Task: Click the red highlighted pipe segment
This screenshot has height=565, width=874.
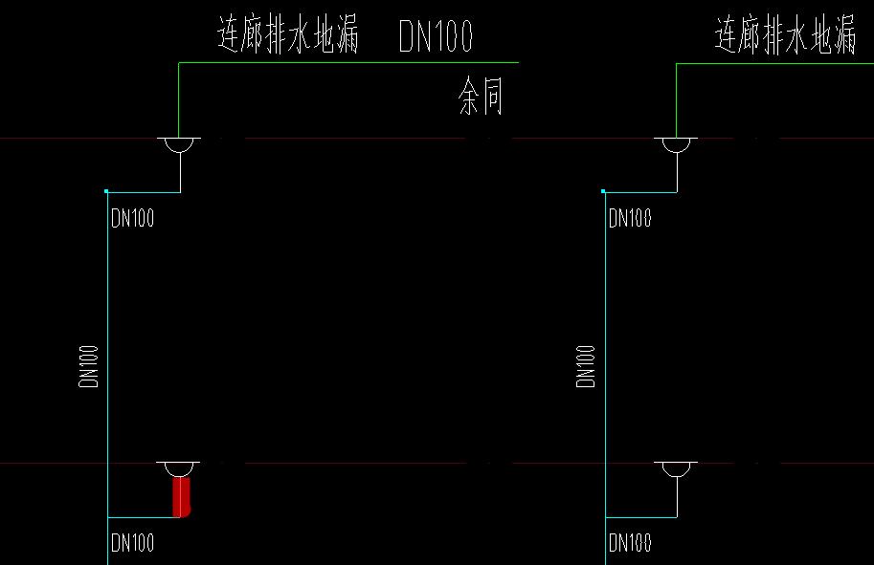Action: pyautogui.click(x=181, y=497)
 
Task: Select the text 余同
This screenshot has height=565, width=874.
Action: pyautogui.click(x=481, y=98)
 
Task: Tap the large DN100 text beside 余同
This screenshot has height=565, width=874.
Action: pyautogui.click(x=436, y=38)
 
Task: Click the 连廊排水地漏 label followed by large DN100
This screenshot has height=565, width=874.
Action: pyautogui.click(x=288, y=36)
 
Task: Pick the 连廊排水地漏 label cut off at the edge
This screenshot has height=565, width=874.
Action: pyautogui.click(x=785, y=37)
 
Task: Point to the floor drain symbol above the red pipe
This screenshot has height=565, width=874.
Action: pyautogui.click(x=180, y=468)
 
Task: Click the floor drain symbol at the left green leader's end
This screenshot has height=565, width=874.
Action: pyautogui.click(x=180, y=144)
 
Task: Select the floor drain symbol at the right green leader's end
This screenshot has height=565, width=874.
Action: pyautogui.click(x=677, y=144)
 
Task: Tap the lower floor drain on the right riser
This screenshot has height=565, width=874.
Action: pyautogui.click(x=677, y=468)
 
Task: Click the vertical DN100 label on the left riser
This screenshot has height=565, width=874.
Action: pyautogui.click(x=90, y=366)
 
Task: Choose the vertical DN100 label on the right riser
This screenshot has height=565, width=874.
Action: pyautogui.click(x=587, y=366)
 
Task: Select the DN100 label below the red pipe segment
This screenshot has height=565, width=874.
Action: pyautogui.click(x=132, y=544)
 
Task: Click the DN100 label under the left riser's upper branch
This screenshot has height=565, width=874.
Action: pyautogui.click(x=132, y=218)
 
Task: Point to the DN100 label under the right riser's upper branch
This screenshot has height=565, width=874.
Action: pyautogui.click(x=630, y=218)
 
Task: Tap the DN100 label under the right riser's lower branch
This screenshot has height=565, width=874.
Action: pyautogui.click(x=630, y=544)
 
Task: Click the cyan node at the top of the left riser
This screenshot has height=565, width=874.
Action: pyautogui.click(x=107, y=191)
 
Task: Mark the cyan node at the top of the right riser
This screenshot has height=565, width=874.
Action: pyautogui.click(x=604, y=191)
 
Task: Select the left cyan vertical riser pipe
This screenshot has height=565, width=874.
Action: pyautogui.click(x=107, y=287)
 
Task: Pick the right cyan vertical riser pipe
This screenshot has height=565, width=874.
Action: pyautogui.click(x=605, y=287)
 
